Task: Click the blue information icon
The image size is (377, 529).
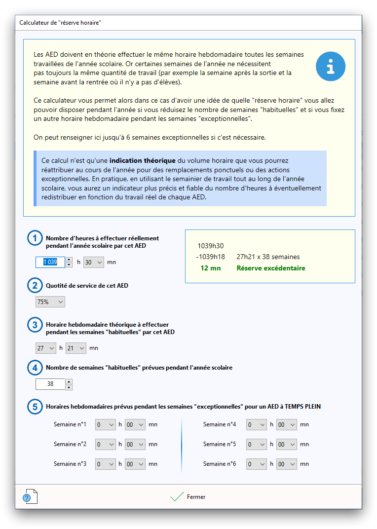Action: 331,66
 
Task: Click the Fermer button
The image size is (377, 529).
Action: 188,497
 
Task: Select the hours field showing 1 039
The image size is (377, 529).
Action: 50,262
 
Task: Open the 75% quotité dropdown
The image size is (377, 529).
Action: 50,302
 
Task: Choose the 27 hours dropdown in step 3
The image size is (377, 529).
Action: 46,348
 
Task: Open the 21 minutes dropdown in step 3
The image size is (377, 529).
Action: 76,348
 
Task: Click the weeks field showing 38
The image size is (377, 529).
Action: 50,384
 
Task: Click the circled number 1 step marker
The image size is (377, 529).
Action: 35,238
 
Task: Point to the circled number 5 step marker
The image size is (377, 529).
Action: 35,407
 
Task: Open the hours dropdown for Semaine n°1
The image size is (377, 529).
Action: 106,424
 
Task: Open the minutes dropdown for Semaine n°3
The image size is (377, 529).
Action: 135,464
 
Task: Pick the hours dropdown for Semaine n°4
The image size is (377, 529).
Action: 257,424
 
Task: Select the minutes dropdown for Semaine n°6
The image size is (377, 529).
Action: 287,464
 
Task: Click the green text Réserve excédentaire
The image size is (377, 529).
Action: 271,268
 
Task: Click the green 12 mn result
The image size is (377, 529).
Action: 211,268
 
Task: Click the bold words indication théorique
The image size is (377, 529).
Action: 142,161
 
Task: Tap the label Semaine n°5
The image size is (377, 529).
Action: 220,444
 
